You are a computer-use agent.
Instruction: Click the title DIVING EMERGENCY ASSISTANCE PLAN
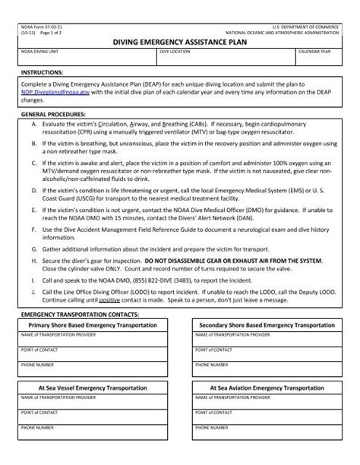pos(179,44)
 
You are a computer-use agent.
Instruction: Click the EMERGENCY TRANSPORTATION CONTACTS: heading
pos(80,313)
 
